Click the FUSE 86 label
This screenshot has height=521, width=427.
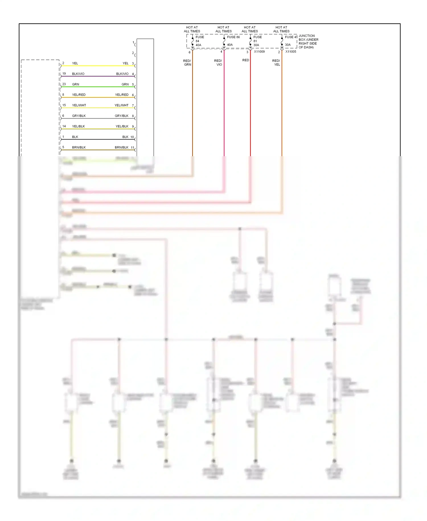233,37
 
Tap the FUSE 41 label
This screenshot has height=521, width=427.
291,37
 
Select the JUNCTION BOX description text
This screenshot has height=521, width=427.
308,42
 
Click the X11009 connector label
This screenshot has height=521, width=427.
259,52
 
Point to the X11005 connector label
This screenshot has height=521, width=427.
291,52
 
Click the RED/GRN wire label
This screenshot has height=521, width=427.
187,63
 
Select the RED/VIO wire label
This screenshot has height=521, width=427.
218,63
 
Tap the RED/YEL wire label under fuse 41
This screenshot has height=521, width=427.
276,63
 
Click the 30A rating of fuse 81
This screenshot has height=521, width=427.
256,45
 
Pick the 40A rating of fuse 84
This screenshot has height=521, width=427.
198,45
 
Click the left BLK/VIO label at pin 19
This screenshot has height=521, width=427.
78,74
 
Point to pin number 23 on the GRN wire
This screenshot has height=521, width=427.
64,84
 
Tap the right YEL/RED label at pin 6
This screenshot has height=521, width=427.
122,95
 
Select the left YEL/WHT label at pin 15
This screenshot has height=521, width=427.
79,105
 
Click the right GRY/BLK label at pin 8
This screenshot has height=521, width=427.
122,116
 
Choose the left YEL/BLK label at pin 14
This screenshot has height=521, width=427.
79,126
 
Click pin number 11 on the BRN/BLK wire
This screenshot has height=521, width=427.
132,148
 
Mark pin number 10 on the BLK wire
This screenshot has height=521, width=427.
132,137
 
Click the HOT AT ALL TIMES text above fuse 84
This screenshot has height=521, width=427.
192,29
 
